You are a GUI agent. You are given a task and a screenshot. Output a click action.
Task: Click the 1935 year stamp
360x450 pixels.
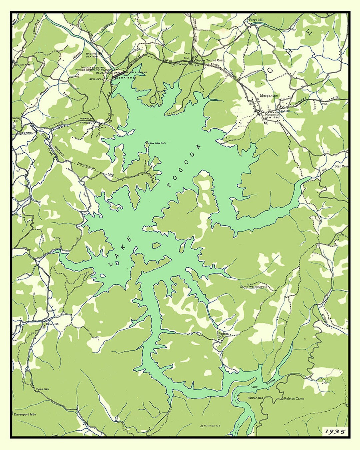[x=335, y=431]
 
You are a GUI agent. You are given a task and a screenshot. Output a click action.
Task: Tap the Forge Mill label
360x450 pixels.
[x=256, y=20]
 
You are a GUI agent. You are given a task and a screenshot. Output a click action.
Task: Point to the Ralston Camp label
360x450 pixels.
[x=294, y=398]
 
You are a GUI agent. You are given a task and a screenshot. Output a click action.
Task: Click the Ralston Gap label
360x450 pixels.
[x=255, y=398]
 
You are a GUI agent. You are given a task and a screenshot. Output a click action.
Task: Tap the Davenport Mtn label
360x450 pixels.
[x=25, y=415]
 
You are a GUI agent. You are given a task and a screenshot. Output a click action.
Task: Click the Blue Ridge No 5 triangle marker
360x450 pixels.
[x=147, y=143]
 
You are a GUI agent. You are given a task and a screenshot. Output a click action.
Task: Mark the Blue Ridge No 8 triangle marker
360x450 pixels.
[x=201, y=425]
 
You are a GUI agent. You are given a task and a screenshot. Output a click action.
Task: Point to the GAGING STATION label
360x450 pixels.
[x=92, y=55]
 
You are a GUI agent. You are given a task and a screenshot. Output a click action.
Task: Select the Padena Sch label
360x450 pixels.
[x=223, y=334]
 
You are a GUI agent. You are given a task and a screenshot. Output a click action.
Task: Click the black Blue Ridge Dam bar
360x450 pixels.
[x=119, y=75]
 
